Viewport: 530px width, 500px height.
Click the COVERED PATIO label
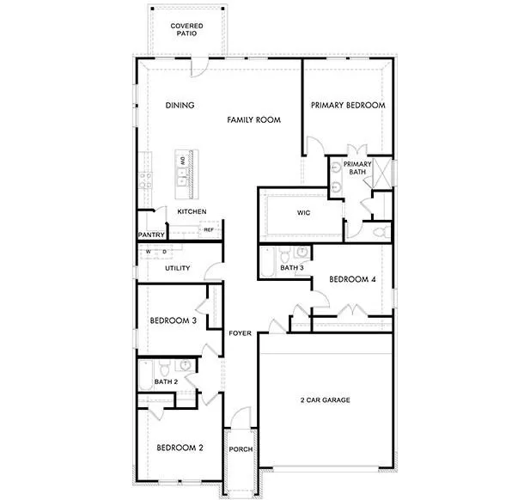point(186,30)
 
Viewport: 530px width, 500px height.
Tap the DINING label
point(180,106)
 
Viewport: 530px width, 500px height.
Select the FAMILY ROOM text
point(254,120)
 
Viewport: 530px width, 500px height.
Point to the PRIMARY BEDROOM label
point(348,106)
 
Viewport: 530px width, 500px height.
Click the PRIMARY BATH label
point(357,168)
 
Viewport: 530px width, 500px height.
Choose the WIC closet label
point(303,211)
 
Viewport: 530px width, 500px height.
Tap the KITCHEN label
point(192,211)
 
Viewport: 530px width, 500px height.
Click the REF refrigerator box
point(208,229)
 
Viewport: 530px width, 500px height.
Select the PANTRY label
point(150,235)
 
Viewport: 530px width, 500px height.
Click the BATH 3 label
point(292,268)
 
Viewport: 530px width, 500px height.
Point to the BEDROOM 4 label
point(353,279)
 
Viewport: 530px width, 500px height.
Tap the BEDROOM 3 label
point(174,320)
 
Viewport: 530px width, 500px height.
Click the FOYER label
point(240,333)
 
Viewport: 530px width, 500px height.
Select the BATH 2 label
point(166,381)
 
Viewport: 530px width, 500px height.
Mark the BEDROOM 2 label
point(180,448)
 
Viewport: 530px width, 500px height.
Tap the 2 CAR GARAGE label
point(325,399)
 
